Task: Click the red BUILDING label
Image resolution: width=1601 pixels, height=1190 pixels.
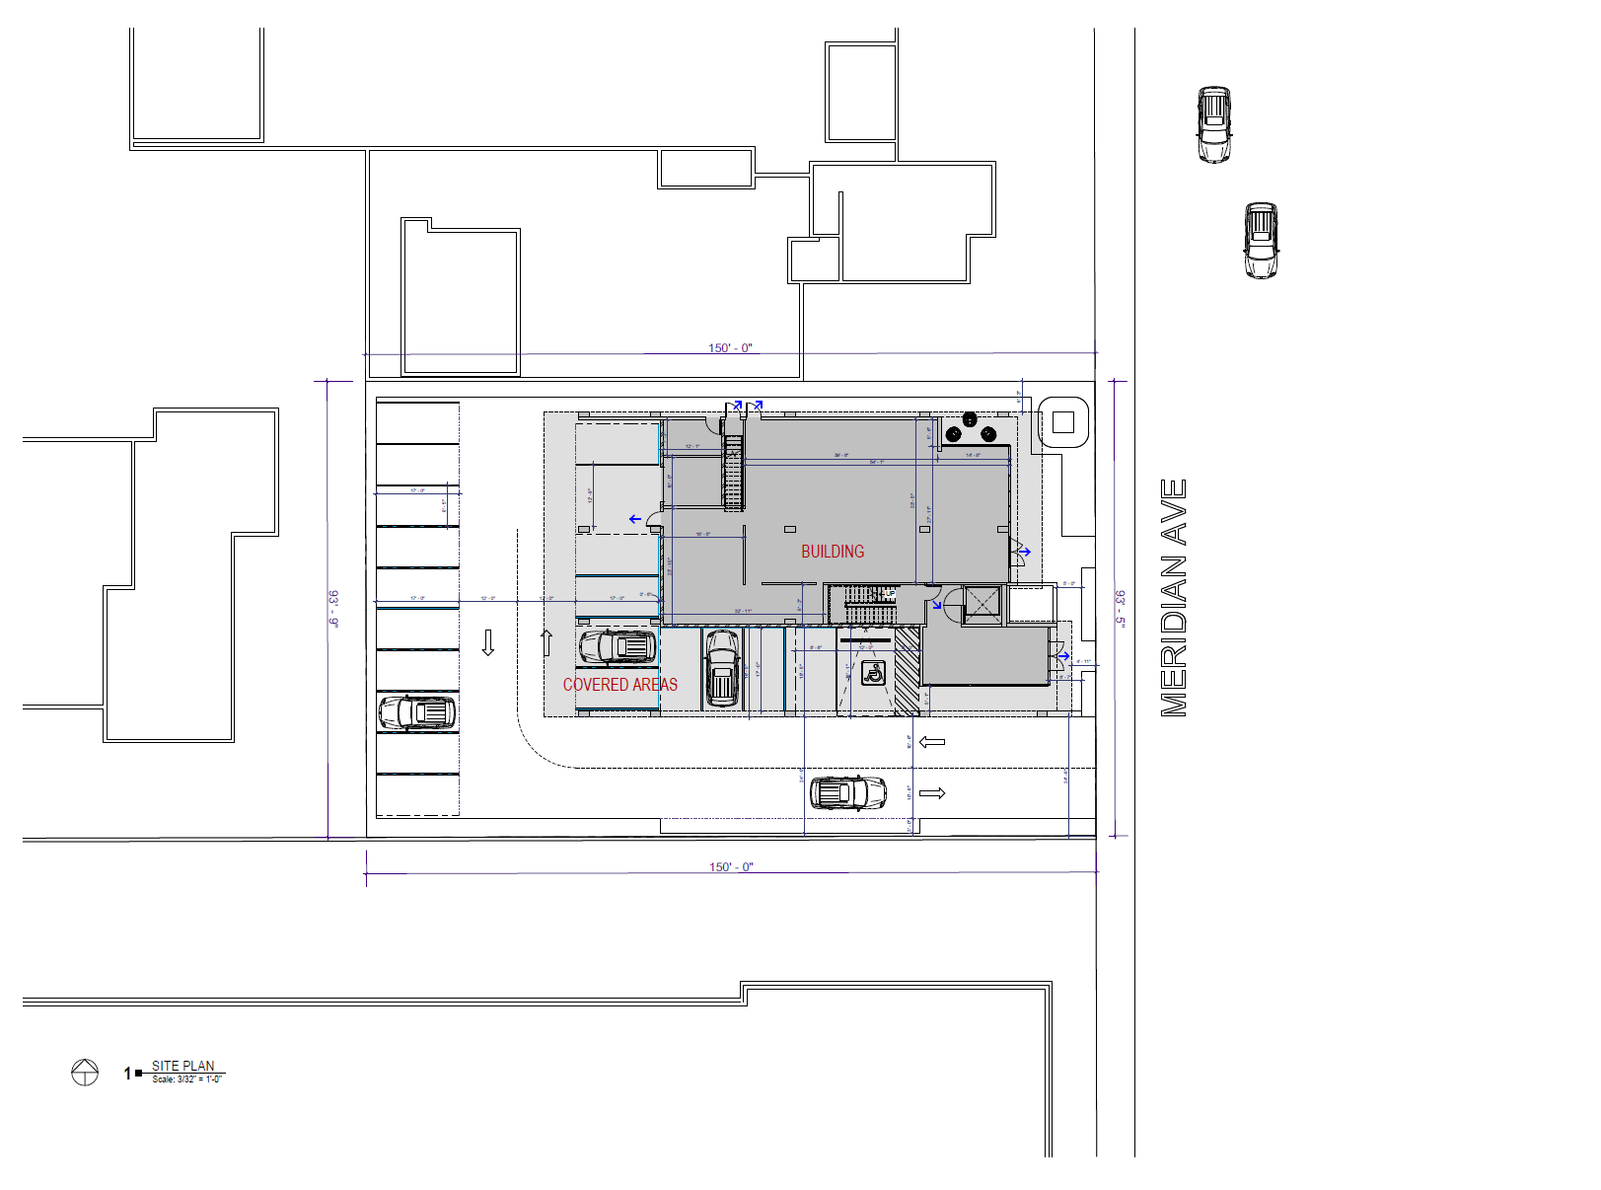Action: coord(832,552)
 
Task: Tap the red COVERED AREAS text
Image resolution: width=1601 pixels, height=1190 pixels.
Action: coord(619,685)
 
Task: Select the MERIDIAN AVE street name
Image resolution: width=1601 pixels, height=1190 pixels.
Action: coord(1173,597)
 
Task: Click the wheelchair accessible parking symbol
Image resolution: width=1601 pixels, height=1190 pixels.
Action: coord(872,674)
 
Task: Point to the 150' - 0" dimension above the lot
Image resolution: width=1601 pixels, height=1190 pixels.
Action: coord(730,348)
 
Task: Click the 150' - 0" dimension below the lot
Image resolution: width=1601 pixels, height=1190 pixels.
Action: coord(731,867)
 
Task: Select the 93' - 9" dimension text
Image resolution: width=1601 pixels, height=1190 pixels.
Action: coord(333,609)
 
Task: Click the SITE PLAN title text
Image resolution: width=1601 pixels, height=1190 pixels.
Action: coord(183,1066)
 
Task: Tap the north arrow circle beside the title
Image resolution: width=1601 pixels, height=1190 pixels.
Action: coord(85,1072)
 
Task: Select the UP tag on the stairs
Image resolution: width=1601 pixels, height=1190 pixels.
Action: coord(890,594)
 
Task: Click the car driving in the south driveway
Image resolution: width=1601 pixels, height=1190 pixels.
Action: coord(847,792)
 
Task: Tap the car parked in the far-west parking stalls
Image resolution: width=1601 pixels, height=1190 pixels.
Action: coord(417,712)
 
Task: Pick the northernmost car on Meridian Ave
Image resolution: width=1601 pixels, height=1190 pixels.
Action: coord(1214,124)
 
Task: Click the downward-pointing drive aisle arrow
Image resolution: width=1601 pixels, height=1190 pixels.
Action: coord(487,642)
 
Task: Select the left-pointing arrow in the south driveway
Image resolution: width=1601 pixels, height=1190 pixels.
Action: coord(931,742)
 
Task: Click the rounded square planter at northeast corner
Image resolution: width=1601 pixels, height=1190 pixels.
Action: coord(1062,422)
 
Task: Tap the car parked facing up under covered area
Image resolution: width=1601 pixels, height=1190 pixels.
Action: coord(722,669)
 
